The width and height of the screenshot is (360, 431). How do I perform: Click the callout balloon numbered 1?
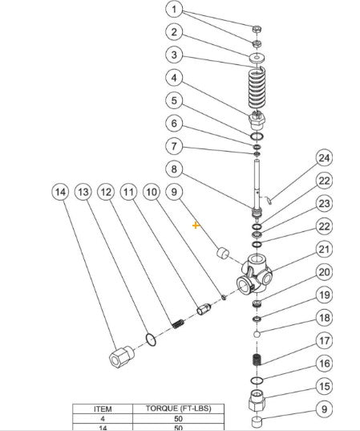point(174,10)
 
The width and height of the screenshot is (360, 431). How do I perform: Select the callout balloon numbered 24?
point(324,158)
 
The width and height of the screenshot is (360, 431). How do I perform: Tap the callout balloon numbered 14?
point(60,192)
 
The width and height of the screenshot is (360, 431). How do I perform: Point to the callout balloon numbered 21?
point(324,250)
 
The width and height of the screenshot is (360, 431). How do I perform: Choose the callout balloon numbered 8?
point(174,169)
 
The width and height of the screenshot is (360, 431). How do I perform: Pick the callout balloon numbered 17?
point(324,340)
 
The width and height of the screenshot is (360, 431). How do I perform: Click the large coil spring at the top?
point(257,88)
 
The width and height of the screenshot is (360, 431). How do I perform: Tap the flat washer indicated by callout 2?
point(257,58)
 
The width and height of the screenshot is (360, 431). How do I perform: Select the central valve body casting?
point(254,274)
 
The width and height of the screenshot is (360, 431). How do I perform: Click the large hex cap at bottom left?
point(121,357)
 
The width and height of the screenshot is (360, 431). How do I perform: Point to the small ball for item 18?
point(257,334)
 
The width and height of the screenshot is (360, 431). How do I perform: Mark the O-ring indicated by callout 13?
point(151,340)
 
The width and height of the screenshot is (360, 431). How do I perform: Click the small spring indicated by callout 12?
point(178,323)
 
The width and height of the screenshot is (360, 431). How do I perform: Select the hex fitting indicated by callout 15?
point(257,401)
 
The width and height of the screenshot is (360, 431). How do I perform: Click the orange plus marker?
point(196,226)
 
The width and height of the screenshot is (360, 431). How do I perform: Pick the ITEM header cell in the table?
point(103,409)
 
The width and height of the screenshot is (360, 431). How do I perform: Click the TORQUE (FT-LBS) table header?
point(179,409)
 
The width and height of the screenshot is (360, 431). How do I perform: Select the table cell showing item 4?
point(103,419)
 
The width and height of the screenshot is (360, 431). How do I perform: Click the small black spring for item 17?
point(257,360)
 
